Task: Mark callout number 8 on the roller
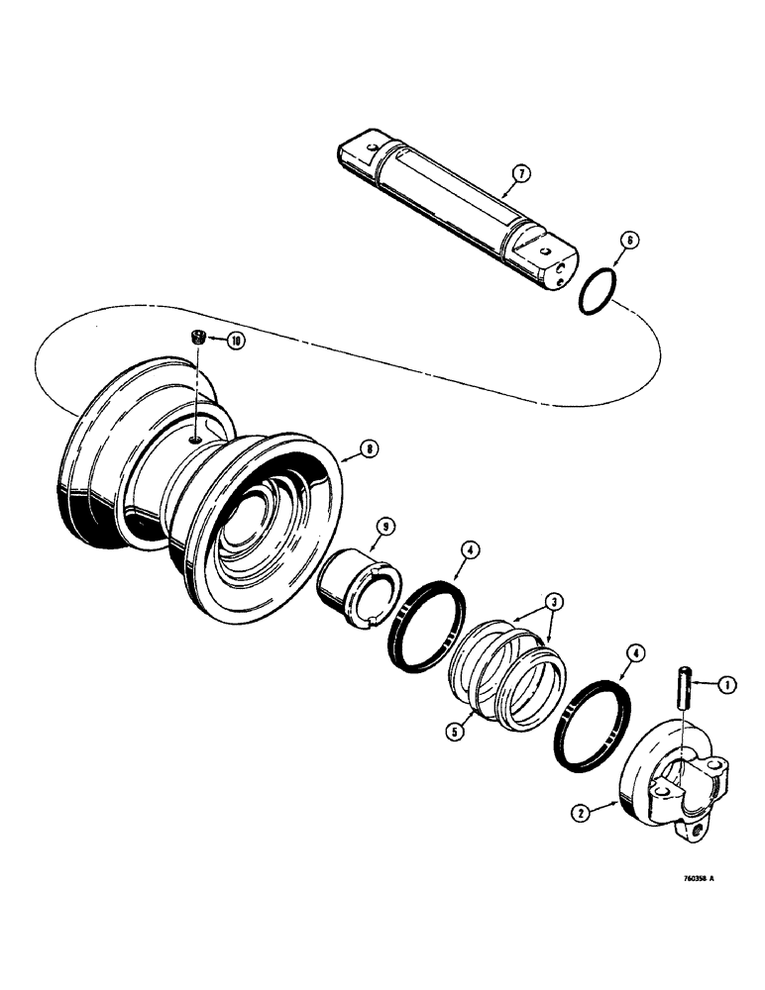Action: pos(368,448)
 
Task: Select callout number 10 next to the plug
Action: pos(237,340)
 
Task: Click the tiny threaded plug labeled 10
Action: pos(198,340)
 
